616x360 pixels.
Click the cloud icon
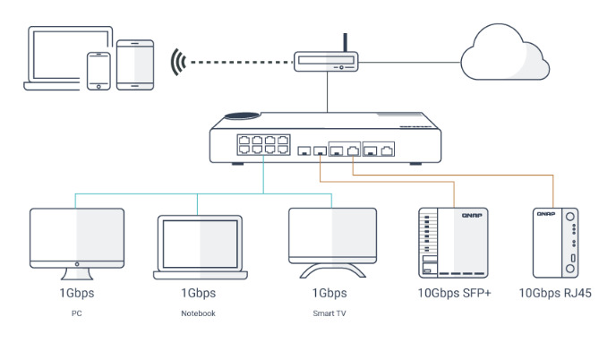click(x=504, y=55)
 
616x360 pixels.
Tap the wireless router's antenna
click(x=346, y=43)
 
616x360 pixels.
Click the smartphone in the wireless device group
click(x=98, y=70)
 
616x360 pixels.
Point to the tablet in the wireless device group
click(x=135, y=64)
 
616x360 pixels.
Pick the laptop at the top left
click(x=64, y=58)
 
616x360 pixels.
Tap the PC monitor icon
click(x=76, y=240)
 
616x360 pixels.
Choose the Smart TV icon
click(x=332, y=237)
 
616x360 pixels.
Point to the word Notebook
click(x=198, y=313)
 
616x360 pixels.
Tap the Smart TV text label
click(x=329, y=313)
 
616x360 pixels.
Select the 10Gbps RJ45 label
click(x=555, y=293)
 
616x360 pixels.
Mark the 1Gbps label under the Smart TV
click(x=329, y=293)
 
